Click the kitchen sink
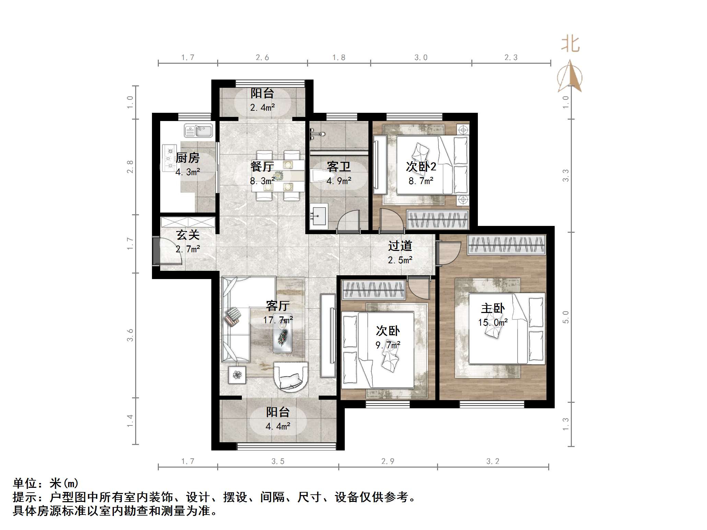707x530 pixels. click(x=198, y=131)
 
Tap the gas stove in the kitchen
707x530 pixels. click(x=168, y=158)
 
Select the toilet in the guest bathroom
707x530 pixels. click(x=320, y=176)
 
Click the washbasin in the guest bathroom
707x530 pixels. click(x=319, y=216)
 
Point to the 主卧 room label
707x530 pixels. click(x=493, y=308)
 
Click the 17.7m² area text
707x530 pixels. click(x=278, y=320)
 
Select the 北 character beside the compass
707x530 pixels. click(x=570, y=45)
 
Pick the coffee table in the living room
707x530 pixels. click(x=283, y=337)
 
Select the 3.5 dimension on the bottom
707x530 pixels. click(x=278, y=461)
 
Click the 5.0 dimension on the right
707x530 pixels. click(x=566, y=317)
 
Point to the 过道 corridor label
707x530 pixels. click(x=400, y=246)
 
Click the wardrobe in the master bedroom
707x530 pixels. click(x=506, y=245)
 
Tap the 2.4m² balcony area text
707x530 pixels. click(x=262, y=108)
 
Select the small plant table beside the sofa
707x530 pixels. click(x=237, y=375)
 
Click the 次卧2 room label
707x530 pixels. click(x=421, y=167)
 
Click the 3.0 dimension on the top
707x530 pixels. click(x=421, y=58)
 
